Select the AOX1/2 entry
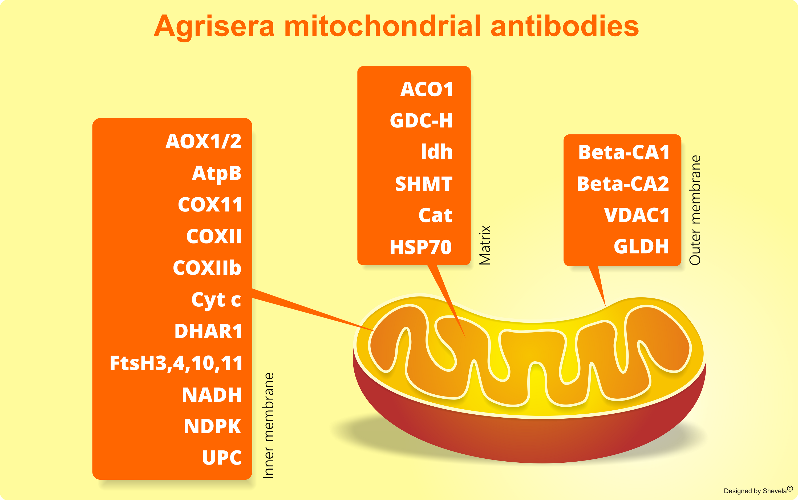click(204, 142)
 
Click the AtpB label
click(217, 173)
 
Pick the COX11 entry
click(210, 205)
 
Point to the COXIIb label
click(207, 267)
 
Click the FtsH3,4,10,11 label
click(176, 363)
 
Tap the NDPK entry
click(212, 426)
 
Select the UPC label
click(222, 458)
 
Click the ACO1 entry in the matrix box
click(427, 89)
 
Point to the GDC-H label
click(421, 121)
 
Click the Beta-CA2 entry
click(623, 183)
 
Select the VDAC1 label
click(637, 215)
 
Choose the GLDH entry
click(641, 246)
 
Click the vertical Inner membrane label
click(268, 426)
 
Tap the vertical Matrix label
click(485, 245)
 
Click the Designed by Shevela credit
click(758, 490)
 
